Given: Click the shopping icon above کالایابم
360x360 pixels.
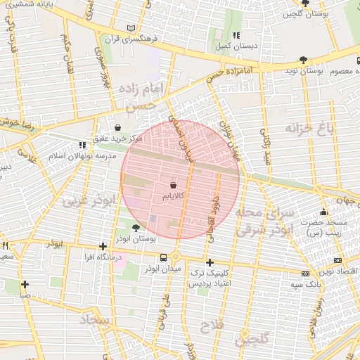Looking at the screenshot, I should (x=173, y=184).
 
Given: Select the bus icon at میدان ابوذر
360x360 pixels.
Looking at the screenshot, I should (x=163, y=257).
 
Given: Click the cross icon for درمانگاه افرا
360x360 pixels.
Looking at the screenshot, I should (x=103, y=246).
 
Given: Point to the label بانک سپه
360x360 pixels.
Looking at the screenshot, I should (x=308, y=285).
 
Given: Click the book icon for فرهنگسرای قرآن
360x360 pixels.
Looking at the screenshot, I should (x=130, y=27).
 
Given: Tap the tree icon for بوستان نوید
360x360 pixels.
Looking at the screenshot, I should (x=303, y=60).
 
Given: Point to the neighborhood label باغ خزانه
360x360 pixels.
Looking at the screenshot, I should (x=308, y=127).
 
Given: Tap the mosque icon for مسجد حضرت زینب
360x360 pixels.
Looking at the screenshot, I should (x=323, y=212).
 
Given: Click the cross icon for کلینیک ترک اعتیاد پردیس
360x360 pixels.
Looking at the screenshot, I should (x=209, y=262).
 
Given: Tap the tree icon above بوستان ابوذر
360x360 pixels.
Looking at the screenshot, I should (x=135, y=227).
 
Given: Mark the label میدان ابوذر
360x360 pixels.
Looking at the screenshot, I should (x=163, y=269).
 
